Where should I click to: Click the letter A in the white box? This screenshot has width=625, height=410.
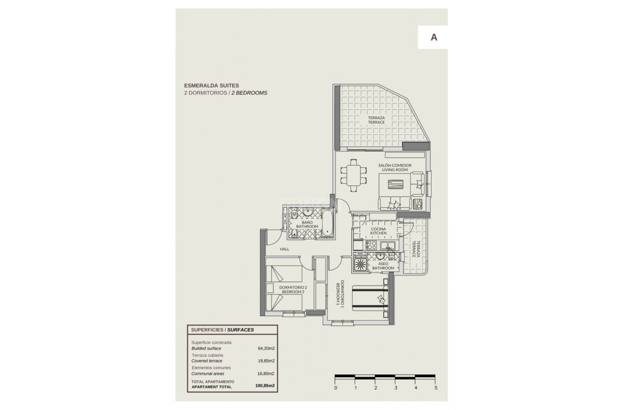point(433,38)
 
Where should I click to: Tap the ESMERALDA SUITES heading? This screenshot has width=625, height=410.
point(212,86)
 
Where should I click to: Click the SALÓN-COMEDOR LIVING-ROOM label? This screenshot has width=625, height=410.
point(394,167)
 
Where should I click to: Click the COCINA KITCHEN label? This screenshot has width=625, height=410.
point(378,231)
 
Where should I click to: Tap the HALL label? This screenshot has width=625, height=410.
point(284,249)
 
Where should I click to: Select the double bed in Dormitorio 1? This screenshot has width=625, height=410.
point(370,298)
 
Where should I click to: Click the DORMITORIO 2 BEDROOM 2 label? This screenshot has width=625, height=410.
point(293,290)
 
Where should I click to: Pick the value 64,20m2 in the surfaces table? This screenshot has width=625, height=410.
point(266,348)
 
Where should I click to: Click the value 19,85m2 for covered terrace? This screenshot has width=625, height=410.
point(266,361)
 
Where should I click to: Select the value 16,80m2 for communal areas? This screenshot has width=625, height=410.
point(266,374)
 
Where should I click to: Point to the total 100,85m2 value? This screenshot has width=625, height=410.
point(265,386)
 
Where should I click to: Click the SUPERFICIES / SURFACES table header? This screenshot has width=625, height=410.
point(222,329)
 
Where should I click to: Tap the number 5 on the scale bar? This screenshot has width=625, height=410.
point(435,388)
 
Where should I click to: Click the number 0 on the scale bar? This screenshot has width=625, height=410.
point(336,388)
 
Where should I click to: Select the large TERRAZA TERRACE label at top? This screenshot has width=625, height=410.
point(376,120)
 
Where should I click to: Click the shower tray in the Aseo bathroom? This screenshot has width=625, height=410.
point(359,264)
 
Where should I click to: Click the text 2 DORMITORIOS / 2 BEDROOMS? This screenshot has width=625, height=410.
point(225,93)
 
